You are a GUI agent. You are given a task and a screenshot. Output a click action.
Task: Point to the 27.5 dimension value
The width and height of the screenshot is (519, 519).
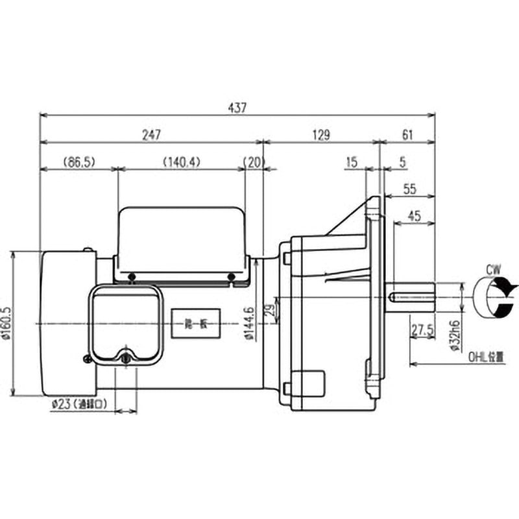(422, 330)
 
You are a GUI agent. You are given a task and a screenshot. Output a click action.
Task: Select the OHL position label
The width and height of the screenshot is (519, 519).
(485, 356)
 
